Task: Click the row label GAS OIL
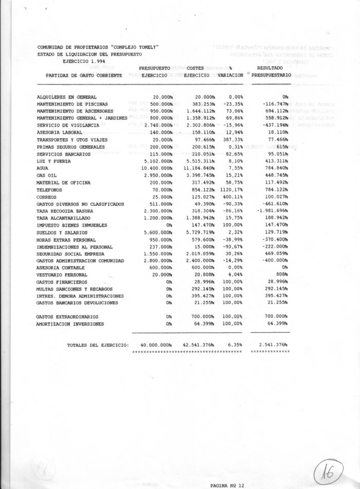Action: (47, 176)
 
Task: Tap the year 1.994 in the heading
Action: (87, 61)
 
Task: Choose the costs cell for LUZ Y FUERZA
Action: (196, 161)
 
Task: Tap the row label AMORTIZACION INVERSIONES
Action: (70, 324)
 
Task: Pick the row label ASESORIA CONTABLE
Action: (59, 267)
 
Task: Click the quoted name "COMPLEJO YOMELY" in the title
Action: (131, 47)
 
